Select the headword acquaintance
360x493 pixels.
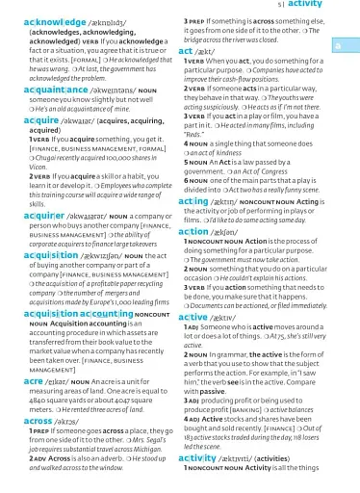(37, 89)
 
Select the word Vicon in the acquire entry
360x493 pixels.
(17, 166)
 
